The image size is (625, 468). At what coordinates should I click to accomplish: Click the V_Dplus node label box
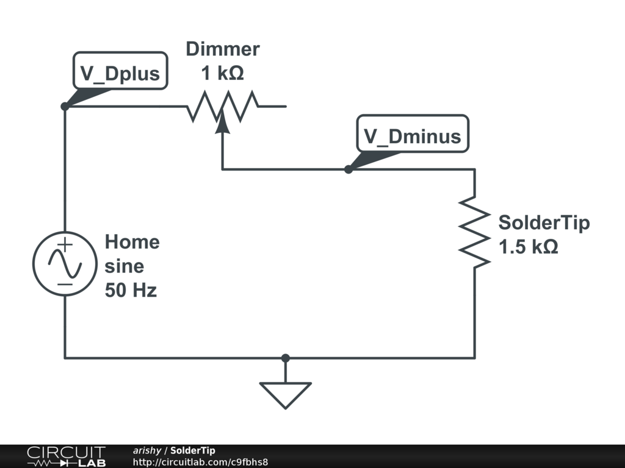(x=120, y=73)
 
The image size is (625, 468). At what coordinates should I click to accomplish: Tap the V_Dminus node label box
(x=413, y=135)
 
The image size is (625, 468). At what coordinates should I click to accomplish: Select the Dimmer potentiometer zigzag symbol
(x=223, y=106)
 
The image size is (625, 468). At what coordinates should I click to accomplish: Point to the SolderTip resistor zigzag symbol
(x=475, y=231)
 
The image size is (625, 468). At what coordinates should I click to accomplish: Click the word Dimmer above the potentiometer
(x=223, y=49)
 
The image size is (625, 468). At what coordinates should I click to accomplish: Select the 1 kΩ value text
(x=223, y=74)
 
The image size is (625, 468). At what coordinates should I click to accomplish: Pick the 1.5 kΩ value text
(x=529, y=247)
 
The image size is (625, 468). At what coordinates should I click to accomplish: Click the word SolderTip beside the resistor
(x=544, y=222)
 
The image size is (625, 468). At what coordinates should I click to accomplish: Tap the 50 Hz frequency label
(x=131, y=291)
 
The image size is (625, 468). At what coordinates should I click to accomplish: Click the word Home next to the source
(x=132, y=242)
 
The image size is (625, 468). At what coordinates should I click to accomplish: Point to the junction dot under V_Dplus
(x=65, y=107)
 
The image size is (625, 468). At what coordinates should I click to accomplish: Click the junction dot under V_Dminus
(x=349, y=169)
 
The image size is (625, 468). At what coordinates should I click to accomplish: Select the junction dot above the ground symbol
(x=285, y=358)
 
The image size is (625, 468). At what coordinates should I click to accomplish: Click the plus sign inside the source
(x=65, y=245)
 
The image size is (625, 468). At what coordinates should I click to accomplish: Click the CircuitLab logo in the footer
(x=65, y=456)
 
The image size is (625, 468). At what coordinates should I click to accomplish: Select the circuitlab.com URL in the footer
(x=200, y=462)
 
